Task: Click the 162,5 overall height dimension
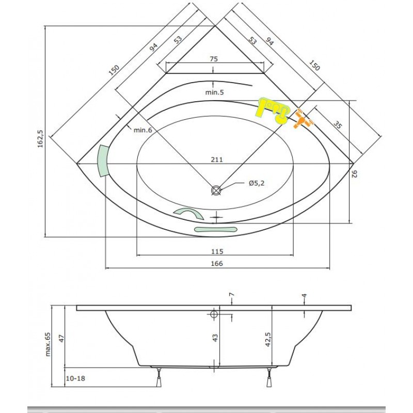[x=39, y=140]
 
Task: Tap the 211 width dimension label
[x=217, y=160]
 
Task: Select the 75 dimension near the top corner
[x=214, y=59]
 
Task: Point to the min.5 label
[x=214, y=92]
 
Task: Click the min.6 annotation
[x=142, y=130]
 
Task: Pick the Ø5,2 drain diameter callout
[x=257, y=183]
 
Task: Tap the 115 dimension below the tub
[x=216, y=251]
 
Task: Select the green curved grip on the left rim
[x=103, y=161]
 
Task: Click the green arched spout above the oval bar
[x=189, y=214]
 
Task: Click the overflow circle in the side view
[x=214, y=314]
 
